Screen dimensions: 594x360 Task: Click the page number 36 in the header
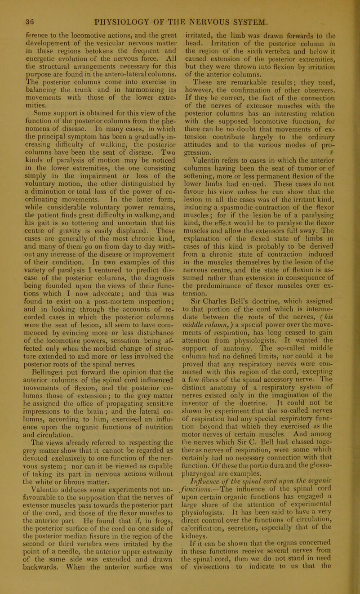point(21,7)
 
